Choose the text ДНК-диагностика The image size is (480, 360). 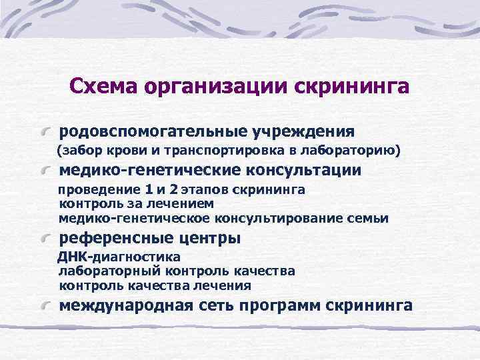[119, 257]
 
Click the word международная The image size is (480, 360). [126, 305]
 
